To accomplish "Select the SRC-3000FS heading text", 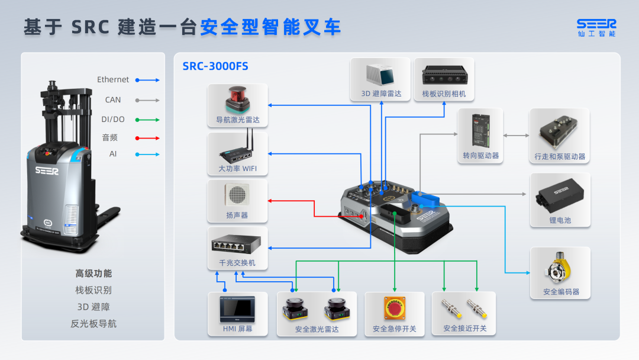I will click(215, 66).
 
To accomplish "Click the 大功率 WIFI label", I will click(237, 169).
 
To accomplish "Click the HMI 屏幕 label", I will click(237, 329).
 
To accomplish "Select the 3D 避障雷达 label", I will click(381, 94).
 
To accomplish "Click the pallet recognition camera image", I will click(444, 75).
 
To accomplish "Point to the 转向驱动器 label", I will click(480, 156).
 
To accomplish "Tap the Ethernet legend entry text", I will click(113, 79).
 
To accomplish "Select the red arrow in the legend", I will click(147, 138).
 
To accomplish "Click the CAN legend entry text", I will click(113, 99).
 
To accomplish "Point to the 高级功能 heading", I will click(93, 274).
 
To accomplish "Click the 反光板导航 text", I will click(93, 323).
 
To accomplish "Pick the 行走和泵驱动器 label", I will click(559, 157).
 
